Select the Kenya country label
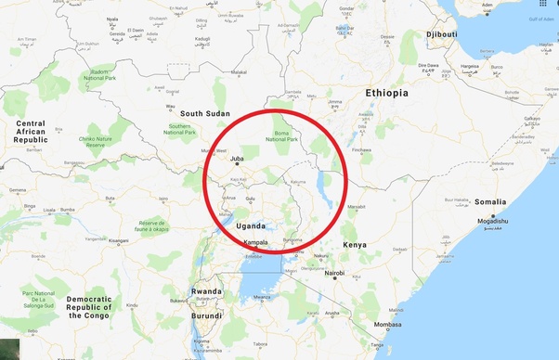355,245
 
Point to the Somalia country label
490,202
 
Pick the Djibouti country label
441,35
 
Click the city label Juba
237,159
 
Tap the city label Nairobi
334,274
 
